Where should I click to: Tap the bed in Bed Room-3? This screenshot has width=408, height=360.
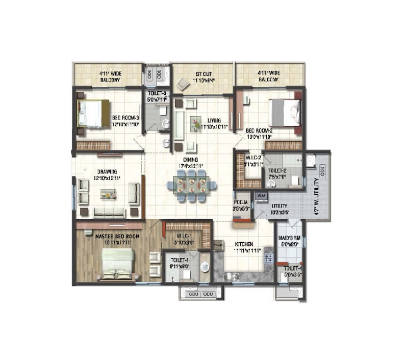coord(94,113)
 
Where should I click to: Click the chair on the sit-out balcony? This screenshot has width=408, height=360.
coord(183,84)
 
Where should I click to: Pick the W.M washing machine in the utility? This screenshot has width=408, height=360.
coord(261,195)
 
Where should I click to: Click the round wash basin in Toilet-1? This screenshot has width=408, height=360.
coord(204,266)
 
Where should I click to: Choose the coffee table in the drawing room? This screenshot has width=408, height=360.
coord(108,193)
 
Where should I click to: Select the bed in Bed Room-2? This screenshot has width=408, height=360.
coord(284,112)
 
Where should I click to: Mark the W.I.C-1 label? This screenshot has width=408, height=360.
coord(183,236)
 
